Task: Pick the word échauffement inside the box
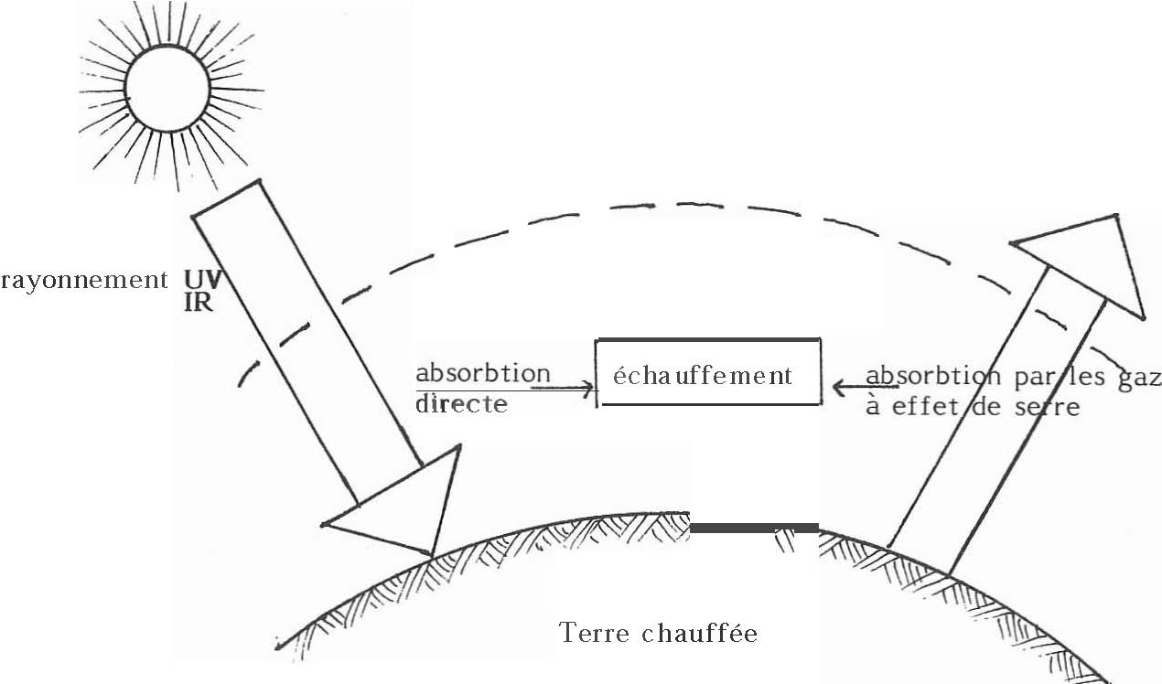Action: coord(703,375)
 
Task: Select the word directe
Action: coord(461,403)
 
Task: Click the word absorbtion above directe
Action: coord(483,373)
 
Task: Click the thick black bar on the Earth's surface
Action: coord(754,528)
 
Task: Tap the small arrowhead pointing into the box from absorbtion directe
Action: coord(586,388)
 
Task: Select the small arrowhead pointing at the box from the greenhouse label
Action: coord(840,388)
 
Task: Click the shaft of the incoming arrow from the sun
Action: coord(302,338)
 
